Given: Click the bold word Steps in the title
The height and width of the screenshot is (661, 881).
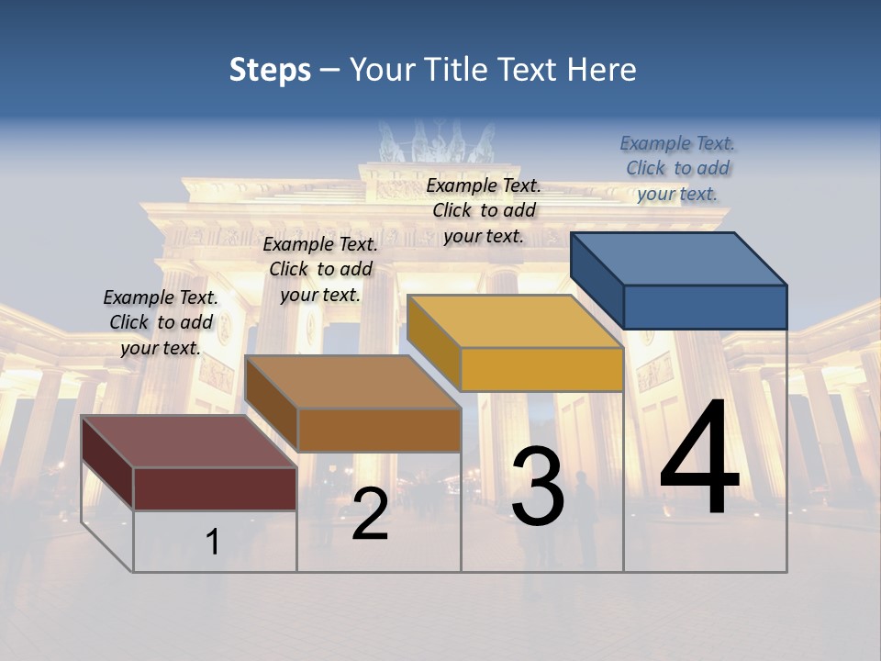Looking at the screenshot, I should (x=270, y=70).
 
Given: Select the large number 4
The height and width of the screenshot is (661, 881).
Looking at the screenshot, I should (x=699, y=459).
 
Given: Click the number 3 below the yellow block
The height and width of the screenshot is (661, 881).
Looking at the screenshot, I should (x=538, y=487).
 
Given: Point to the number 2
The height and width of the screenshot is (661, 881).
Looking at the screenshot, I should (x=370, y=514).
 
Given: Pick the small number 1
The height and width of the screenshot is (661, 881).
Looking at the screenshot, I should (x=212, y=542).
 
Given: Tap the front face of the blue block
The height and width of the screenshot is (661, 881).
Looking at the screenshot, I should (x=705, y=307).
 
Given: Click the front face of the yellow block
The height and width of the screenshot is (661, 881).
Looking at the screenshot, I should (x=541, y=370).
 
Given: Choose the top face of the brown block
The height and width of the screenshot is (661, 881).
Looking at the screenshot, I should (x=353, y=382).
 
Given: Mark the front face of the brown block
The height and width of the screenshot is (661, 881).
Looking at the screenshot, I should (x=379, y=430).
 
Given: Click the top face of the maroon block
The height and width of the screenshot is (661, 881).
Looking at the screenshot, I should (x=189, y=442).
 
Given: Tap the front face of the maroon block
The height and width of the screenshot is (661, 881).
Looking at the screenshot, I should (x=215, y=488).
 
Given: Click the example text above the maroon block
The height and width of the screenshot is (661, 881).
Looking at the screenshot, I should (x=161, y=322).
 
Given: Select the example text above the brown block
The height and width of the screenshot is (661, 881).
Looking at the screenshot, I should (x=320, y=269).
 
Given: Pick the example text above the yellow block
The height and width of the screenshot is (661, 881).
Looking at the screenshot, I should (x=484, y=210).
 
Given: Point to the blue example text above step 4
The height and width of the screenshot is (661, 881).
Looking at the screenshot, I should (x=677, y=168).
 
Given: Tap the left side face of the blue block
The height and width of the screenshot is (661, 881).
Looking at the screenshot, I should (x=597, y=280).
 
